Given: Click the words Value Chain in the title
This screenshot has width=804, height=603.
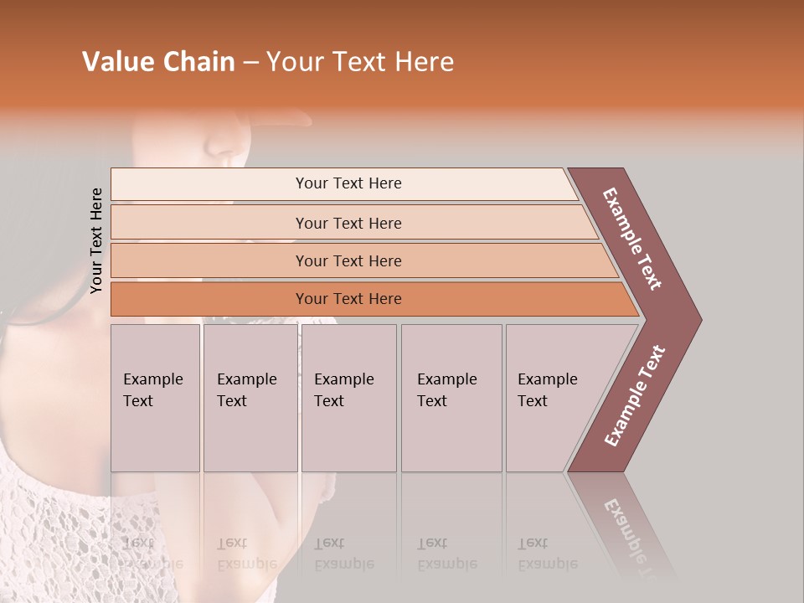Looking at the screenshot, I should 158,62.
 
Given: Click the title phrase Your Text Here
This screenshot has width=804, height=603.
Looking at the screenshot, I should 360,62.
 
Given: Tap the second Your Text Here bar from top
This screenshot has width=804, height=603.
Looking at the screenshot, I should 348,223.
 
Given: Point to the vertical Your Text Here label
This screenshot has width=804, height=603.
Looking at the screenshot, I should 96,240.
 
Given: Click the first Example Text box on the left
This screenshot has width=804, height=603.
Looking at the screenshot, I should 155,398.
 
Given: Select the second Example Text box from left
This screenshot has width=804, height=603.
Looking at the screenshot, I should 250,398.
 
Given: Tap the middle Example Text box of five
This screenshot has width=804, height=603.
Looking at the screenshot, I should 348,398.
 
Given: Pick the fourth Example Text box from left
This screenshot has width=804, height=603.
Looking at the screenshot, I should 451,398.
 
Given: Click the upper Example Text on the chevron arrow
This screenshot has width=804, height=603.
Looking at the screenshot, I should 632,239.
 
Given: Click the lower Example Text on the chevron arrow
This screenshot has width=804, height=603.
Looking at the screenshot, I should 634,396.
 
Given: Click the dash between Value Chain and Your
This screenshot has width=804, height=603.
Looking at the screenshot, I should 250,63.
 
